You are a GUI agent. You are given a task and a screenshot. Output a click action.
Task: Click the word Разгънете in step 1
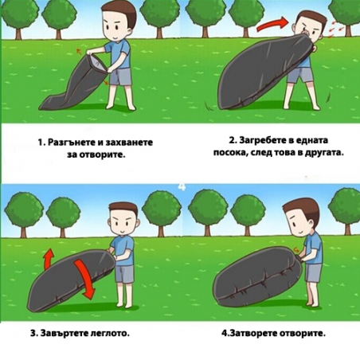click(71, 143)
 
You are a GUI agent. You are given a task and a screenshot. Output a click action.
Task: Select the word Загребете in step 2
click(263, 140)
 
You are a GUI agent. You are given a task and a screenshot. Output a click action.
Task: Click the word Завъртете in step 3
click(64, 333)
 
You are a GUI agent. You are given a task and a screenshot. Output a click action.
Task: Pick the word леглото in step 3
click(109, 333)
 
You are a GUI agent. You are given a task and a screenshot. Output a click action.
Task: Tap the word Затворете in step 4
click(254, 333)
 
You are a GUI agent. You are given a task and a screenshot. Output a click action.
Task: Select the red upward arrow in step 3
click(49, 258)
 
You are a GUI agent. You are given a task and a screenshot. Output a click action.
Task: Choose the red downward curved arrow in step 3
click(84, 277)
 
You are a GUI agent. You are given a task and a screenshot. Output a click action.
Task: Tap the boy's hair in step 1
click(121, 14)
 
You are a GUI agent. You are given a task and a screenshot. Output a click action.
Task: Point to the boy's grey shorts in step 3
click(124, 273)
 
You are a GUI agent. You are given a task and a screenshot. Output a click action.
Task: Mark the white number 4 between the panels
click(182, 186)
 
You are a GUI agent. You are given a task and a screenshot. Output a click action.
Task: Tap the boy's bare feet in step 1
click(121, 106)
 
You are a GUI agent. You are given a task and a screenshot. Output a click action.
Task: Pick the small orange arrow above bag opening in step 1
click(79, 51)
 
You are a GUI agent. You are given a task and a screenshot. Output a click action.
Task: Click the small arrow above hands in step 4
click(296, 250)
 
